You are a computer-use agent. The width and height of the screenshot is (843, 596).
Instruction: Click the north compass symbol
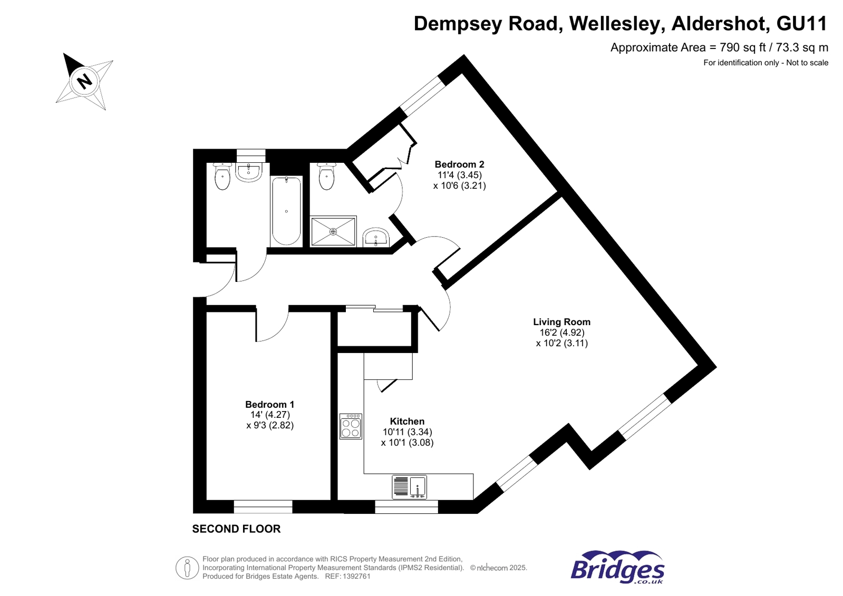tap(84, 81)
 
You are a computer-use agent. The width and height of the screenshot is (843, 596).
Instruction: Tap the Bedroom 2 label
tap(459, 164)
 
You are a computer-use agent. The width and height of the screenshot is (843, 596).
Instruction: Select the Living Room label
tap(561, 322)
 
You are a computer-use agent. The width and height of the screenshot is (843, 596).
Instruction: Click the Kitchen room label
tap(407, 421)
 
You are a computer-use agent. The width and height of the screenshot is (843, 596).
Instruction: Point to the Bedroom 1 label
tap(269, 404)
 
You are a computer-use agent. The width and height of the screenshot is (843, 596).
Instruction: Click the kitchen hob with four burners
tap(351, 426)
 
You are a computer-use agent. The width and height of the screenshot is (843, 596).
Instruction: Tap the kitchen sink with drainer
tap(410, 487)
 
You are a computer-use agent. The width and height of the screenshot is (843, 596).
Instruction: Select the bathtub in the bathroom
tap(286, 211)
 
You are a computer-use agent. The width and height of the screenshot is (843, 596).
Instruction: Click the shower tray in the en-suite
tap(333, 231)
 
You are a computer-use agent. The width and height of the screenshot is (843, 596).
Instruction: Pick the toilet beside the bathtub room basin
tap(222, 176)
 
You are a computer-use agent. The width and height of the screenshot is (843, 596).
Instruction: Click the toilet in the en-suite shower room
tap(326, 176)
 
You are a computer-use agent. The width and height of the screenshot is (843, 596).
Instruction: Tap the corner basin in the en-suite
tap(376, 237)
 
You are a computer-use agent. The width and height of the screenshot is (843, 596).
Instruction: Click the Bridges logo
tap(617, 567)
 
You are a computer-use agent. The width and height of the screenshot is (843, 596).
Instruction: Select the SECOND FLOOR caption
tap(236, 529)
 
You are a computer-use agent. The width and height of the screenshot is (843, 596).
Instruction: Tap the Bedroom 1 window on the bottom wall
tap(263, 507)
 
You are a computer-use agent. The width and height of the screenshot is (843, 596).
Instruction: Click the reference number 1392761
tap(356, 577)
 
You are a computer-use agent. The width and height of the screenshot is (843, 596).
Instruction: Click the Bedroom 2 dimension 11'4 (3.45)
tap(459, 175)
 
